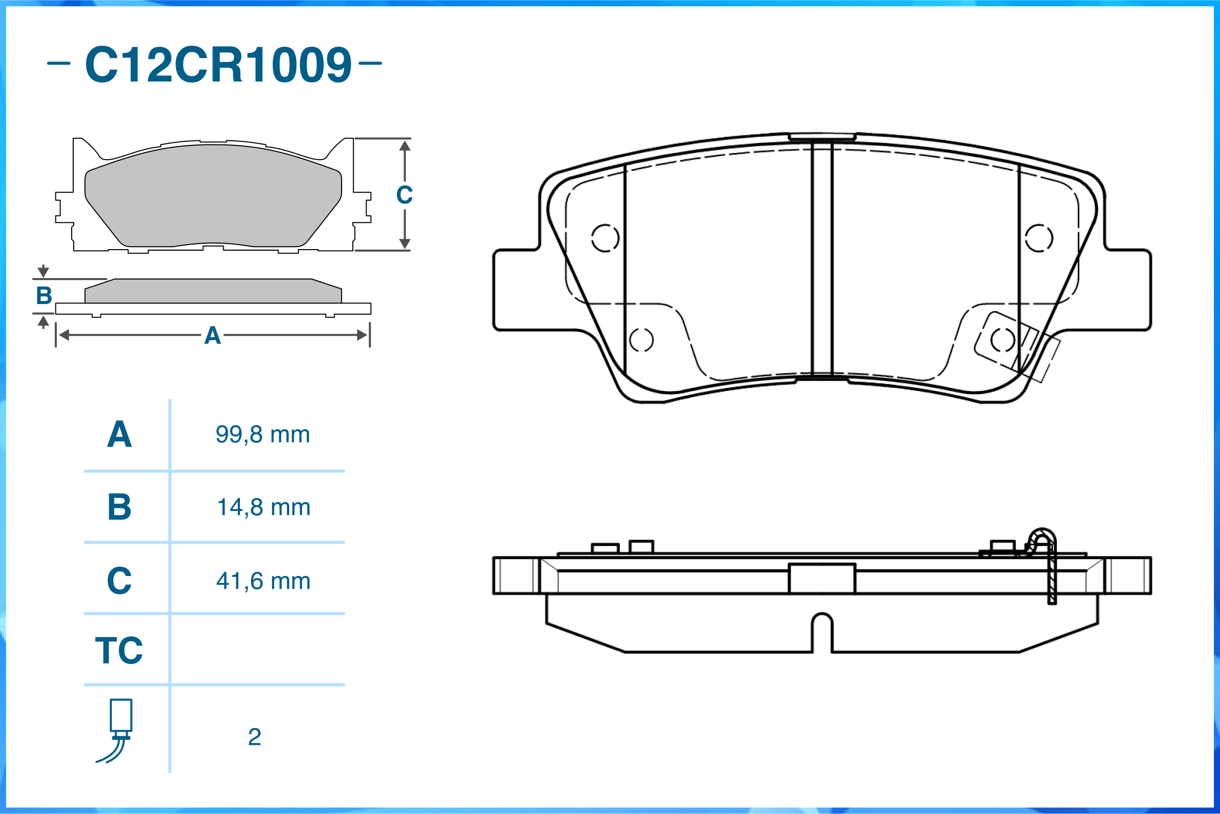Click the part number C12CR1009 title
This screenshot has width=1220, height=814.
point(218,65)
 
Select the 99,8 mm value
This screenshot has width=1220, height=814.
point(263,435)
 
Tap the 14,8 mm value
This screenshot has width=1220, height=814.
point(264,507)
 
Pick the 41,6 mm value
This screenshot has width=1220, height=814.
point(264,581)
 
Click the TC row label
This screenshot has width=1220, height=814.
point(119,650)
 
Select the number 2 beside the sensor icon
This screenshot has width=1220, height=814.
point(254,737)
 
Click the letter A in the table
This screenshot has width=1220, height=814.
point(119,435)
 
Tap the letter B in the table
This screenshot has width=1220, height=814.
point(119,507)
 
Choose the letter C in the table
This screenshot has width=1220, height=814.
point(119,581)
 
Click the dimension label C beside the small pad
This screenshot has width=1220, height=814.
point(404,195)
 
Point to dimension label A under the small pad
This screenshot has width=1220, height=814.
point(212,336)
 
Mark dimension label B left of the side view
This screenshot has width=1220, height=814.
point(44,296)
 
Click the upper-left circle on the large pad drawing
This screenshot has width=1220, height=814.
point(605,238)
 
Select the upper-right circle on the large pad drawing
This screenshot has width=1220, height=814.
point(1039,238)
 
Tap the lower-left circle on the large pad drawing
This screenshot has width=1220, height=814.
point(642,340)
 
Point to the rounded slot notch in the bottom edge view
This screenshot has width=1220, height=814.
point(822,631)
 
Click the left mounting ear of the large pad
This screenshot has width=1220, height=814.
point(519,290)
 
